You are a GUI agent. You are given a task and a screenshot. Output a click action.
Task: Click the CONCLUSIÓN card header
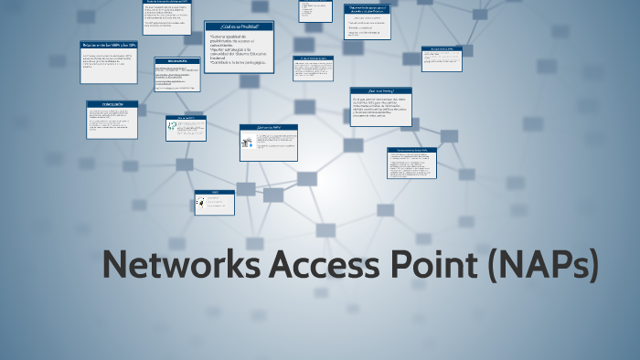(x=112, y=104)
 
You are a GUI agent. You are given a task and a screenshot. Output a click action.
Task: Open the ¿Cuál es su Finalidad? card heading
(x=239, y=26)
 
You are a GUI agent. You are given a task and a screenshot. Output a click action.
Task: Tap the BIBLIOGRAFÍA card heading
(x=177, y=61)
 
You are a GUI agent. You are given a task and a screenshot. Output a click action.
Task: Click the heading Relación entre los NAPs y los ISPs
(x=109, y=44)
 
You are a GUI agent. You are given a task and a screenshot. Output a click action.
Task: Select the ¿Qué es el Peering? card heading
(x=380, y=91)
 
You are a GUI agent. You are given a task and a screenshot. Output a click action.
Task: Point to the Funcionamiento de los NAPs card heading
(x=412, y=150)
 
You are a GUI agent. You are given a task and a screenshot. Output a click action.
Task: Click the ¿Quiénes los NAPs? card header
(x=269, y=128)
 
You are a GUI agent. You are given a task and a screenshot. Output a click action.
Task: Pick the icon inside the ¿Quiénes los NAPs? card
(x=247, y=143)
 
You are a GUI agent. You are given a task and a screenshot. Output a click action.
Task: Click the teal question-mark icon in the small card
(x=173, y=130)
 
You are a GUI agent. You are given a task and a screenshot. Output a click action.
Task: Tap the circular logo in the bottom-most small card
(x=201, y=204)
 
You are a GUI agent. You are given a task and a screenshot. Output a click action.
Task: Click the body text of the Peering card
(x=380, y=111)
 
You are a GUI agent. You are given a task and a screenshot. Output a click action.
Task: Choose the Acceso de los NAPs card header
(x=442, y=49)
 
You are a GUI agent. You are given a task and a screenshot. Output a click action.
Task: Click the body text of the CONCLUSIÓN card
(x=112, y=122)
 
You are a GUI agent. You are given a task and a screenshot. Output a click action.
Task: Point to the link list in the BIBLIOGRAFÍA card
(x=177, y=77)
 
